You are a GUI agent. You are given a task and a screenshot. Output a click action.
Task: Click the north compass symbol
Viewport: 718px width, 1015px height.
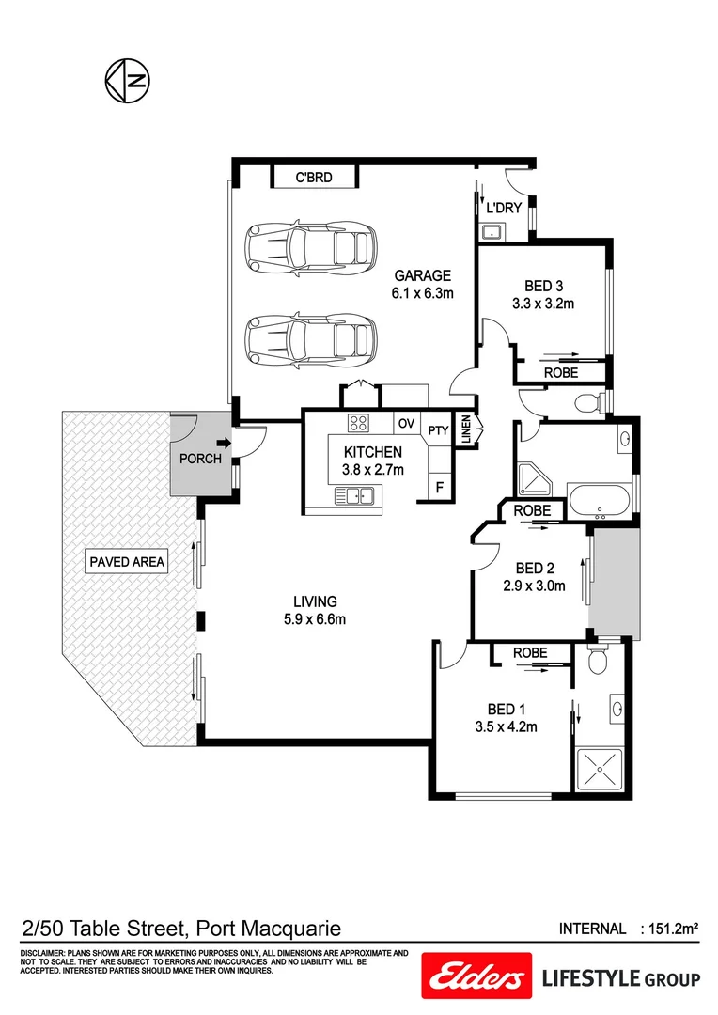(x=126, y=79)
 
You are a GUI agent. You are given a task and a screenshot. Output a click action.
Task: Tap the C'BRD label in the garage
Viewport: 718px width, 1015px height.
(x=314, y=177)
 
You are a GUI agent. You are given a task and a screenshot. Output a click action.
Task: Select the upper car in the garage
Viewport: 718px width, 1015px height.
(x=309, y=247)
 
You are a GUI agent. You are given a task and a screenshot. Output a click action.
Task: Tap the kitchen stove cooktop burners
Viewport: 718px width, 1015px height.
(x=359, y=422)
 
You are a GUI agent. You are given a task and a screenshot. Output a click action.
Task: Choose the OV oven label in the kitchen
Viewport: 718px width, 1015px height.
(x=406, y=423)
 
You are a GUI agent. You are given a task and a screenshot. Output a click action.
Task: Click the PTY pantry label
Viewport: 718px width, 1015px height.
(x=438, y=430)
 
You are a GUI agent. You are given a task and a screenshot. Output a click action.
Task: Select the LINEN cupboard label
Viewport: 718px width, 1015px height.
(x=466, y=429)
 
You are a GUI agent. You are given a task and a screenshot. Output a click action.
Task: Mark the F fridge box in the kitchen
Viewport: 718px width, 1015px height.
(x=438, y=487)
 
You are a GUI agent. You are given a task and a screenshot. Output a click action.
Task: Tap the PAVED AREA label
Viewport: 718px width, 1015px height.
(x=127, y=562)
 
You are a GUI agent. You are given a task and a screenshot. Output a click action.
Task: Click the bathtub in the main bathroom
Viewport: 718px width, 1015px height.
(x=601, y=499)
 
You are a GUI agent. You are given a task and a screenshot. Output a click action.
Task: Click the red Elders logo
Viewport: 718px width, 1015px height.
(x=474, y=979)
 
